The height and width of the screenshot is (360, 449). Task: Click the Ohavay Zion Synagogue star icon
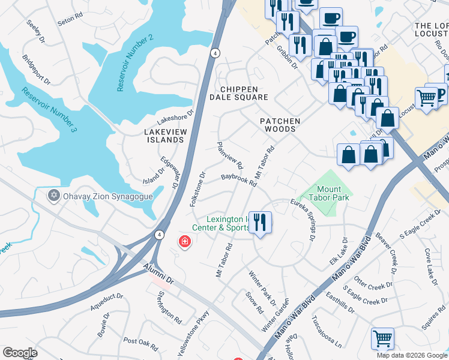[x=53, y=196]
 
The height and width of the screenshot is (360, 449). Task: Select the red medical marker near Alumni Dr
[x=185, y=242]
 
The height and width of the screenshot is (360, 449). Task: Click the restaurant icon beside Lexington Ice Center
[x=259, y=222]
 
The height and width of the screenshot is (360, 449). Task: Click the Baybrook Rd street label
[x=238, y=179]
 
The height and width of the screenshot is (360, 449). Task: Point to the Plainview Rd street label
[x=230, y=155]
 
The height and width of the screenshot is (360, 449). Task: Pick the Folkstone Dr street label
[x=197, y=189]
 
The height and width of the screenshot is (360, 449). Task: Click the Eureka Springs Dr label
[x=304, y=220]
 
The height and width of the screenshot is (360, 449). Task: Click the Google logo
[x=20, y=353]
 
